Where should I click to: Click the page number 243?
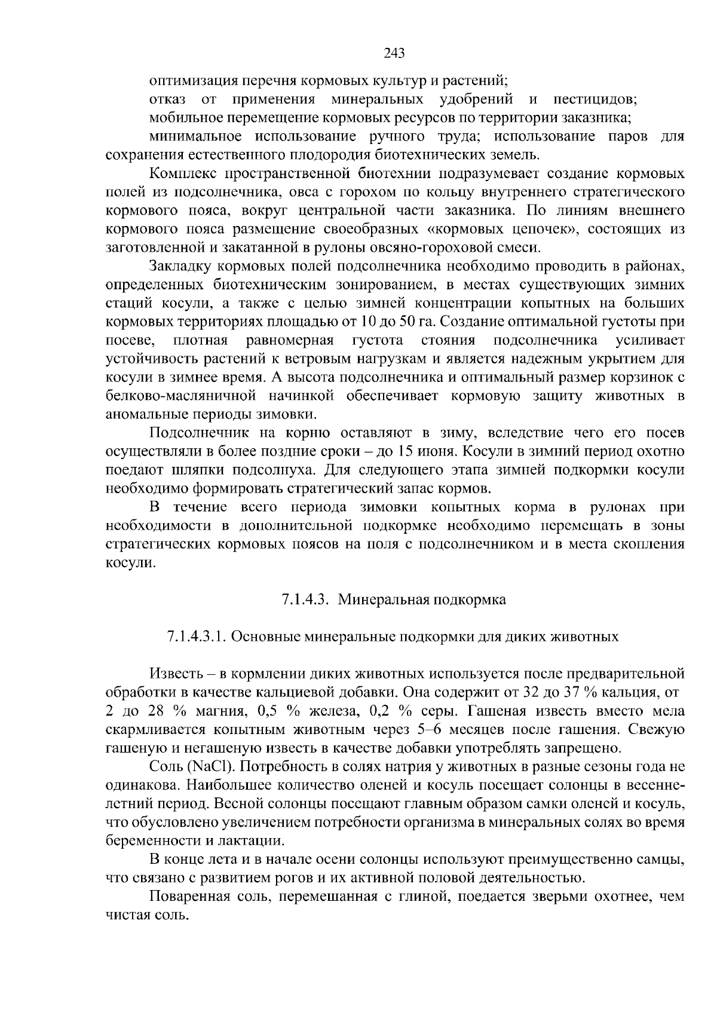(x=394, y=53)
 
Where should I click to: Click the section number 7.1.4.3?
(x=305, y=600)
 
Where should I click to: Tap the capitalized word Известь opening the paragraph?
(x=174, y=674)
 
